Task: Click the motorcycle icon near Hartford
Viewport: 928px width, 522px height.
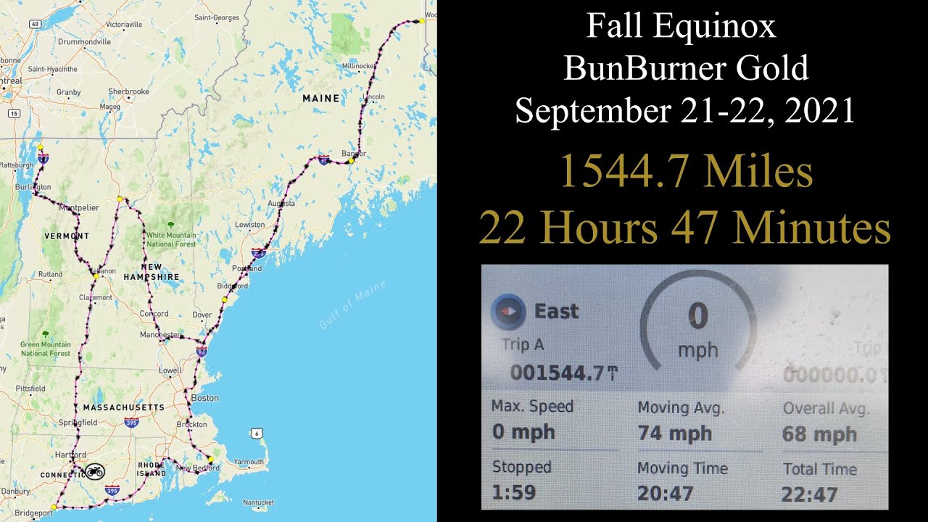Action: pos(94,472)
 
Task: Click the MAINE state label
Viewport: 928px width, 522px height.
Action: pos(320,98)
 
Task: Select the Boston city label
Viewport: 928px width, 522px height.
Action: pos(204,398)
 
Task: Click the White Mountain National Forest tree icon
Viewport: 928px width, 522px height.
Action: pos(170,225)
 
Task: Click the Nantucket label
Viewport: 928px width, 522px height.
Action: pos(259,502)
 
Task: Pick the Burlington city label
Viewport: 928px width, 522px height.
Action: pos(33,186)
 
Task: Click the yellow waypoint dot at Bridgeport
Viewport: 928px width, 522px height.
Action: pos(54,507)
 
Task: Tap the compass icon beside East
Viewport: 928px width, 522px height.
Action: pos(509,311)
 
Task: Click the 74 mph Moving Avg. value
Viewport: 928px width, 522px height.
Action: pos(674,434)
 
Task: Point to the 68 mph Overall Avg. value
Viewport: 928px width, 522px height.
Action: pos(819,435)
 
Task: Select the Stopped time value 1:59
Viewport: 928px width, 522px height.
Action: pos(514,492)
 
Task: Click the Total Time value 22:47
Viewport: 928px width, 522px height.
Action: pos(809,495)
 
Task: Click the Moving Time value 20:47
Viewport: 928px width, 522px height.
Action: pos(665,494)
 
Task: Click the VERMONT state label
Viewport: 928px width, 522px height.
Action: pos(67,236)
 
